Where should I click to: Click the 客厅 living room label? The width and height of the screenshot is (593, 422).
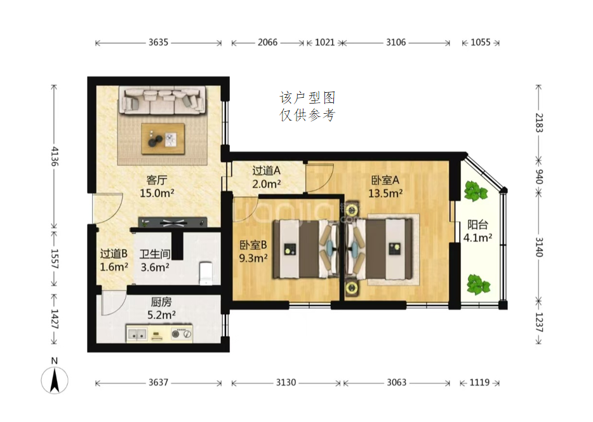coord(157,180)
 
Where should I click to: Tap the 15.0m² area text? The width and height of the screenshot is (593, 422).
coord(157,193)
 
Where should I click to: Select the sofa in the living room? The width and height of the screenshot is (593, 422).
coord(163,100)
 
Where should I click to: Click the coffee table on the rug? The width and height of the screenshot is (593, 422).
coord(163,139)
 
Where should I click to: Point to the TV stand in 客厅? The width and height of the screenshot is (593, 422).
coord(173,222)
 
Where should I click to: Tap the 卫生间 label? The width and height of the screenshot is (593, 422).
coord(155,254)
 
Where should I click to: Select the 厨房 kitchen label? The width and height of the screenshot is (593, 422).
coord(161,302)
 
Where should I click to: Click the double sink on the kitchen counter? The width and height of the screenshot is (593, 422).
coord(137,334)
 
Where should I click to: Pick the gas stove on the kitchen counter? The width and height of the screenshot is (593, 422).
coord(181,334)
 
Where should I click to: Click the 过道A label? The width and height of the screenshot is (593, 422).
coord(266,171)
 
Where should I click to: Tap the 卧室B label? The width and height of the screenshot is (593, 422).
coord(253,245)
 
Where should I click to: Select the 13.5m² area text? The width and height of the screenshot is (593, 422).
coord(385,193)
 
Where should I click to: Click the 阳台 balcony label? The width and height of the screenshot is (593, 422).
coord(477,224)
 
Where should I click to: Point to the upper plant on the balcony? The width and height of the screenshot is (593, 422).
coord(476,191)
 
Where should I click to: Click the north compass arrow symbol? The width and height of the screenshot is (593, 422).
coord(55,380)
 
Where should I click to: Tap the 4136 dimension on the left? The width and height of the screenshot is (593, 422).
coord(55,157)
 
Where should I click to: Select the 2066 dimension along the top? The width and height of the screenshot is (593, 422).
coord(268,43)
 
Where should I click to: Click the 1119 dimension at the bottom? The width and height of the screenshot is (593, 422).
coord(479,383)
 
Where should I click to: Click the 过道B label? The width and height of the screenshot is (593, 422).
coord(114,254)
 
